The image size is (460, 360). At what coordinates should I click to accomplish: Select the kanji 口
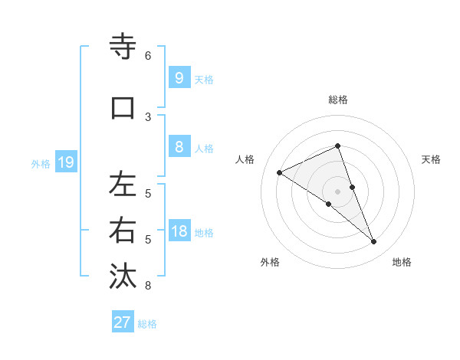[x=123, y=108]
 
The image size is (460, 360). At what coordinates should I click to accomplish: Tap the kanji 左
[x=123, y=185]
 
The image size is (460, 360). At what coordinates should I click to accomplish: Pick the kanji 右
[x=123, y=231]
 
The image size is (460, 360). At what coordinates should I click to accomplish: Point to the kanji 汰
[x=123, y=277]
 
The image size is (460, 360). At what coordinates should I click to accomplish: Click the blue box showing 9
[x=179, y=77]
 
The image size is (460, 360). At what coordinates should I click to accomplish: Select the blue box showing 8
[x=179, y=148]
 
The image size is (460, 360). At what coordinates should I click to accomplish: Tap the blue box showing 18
[x=179, y=232]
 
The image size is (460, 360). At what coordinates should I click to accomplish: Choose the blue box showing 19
[x=65, y=162]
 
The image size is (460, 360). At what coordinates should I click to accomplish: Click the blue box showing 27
[x=123, y=322]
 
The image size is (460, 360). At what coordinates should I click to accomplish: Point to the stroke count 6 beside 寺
[x=148, y=56]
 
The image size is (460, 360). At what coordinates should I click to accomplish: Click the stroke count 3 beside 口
[x=148, y=117]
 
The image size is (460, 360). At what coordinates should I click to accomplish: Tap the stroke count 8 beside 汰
[x=148, y=286]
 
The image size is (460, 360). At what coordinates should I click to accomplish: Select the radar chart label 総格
[x=338, y=100]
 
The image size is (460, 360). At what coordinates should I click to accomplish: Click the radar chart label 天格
[x=431, y=159]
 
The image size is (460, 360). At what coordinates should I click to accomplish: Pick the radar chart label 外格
[x=270, y=262]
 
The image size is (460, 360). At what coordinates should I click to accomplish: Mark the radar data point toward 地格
[x=374, y=242]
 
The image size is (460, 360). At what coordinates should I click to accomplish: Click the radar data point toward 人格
[x=279, y=172]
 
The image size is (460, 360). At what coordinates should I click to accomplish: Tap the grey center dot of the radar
[x=338, y=191]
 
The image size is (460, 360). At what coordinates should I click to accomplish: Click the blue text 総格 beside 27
[x=147, y=324]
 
